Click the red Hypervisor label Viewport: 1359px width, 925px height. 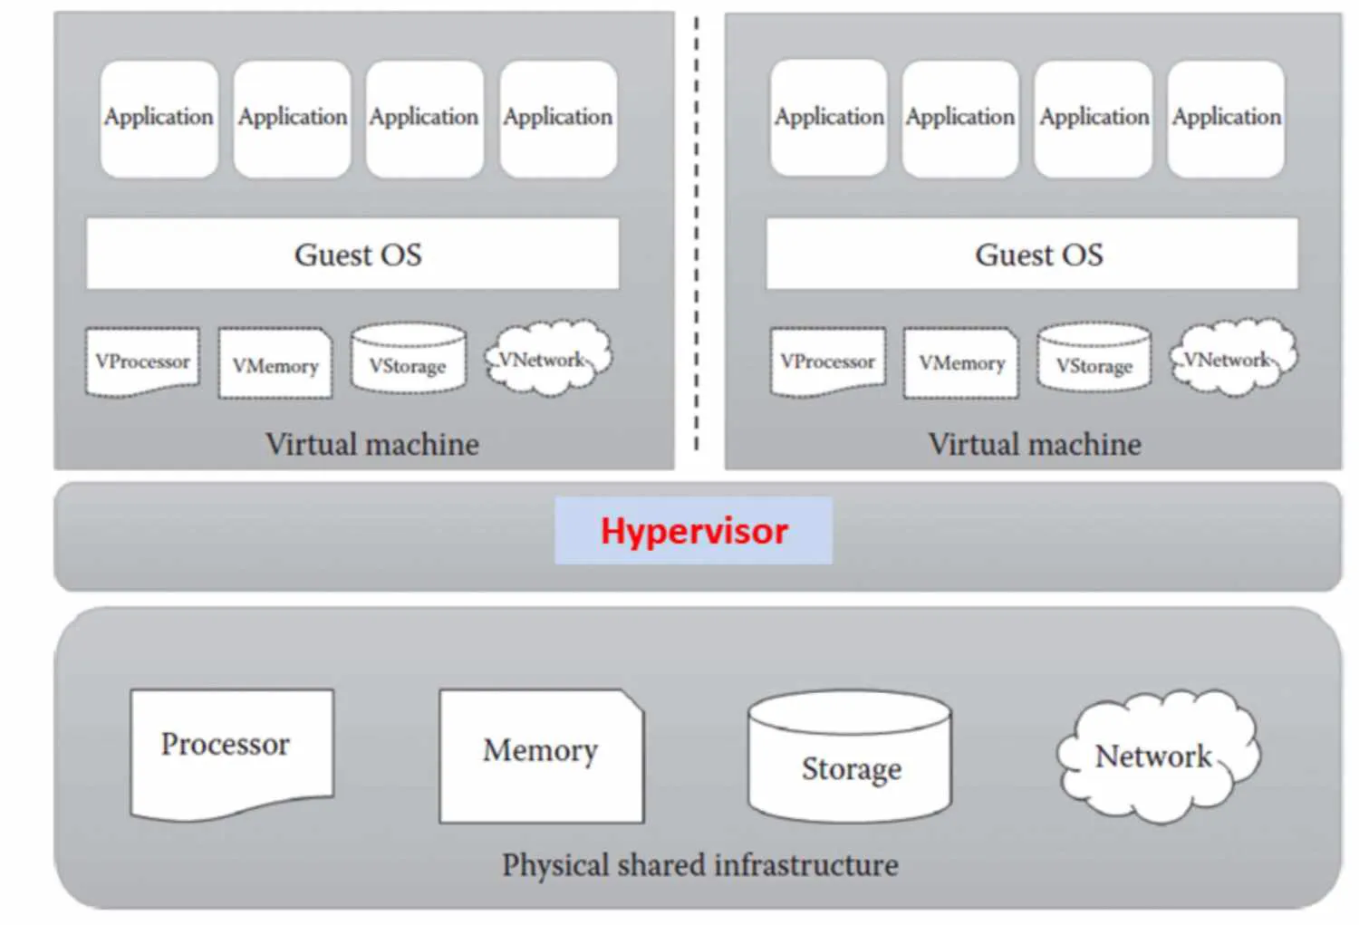coord(694,531)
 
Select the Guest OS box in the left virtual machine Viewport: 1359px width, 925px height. coord(353,254)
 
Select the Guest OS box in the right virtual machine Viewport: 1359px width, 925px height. coord(1033,254)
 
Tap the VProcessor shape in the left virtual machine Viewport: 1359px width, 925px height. coord(142,361)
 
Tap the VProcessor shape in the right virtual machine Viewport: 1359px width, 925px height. coord(827,361)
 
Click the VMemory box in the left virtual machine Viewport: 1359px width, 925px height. coord(275,364)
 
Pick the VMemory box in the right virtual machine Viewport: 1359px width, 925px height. coord(961,363)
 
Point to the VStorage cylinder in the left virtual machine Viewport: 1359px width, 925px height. coord(409,362)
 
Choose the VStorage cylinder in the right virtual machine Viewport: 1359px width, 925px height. coord(1094,362)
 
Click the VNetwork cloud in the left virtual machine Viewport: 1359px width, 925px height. coord(546,359)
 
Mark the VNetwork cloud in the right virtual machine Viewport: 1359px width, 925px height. coord(1232,359)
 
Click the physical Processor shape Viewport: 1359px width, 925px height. coord(231,752)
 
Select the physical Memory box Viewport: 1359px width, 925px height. coord(541,756)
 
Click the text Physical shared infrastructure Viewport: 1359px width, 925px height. coord(699,865)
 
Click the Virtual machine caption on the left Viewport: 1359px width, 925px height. coord(372,444)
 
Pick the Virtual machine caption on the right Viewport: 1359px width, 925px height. coord(1035,444)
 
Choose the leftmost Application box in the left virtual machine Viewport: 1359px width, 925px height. coord(159,118)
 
